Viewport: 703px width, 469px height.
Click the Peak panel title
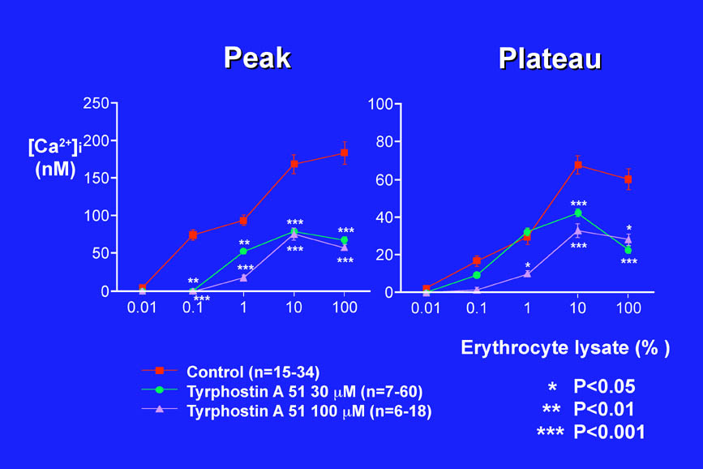(257, 58)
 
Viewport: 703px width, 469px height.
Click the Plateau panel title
(550, 58)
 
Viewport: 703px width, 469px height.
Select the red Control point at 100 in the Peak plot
(344, 153)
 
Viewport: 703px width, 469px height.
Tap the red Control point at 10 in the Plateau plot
(578, 165)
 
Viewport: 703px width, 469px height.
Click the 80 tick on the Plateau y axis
(380, 141)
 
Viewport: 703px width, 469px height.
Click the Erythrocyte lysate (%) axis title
(565, 348)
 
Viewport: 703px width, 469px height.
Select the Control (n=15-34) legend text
(253, 372)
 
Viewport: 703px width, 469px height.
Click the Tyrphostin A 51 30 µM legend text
(304, 392)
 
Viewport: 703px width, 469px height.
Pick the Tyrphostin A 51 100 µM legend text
(309, 411)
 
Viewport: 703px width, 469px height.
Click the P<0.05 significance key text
(604, 386)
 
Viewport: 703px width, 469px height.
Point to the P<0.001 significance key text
(609, 432)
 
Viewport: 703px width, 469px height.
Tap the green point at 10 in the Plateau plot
(578, 213)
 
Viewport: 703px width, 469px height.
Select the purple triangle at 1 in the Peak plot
(243, 278)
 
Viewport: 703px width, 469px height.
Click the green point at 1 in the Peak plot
(243, 252)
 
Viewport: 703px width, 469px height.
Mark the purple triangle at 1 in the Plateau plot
(527, 274)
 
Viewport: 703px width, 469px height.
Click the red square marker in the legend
(160, 371)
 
